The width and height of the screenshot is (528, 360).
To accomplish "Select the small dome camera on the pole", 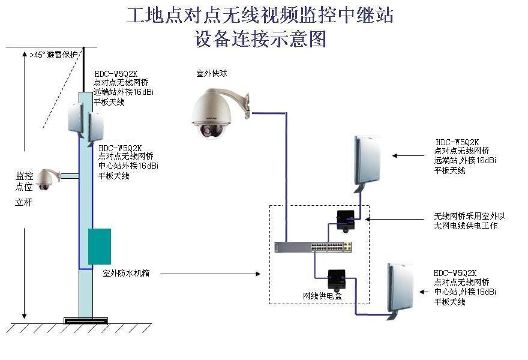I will coord(46,178).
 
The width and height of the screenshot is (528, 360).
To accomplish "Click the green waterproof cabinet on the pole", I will coord(99,246).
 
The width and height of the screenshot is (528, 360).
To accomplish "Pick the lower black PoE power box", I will coord(336,278).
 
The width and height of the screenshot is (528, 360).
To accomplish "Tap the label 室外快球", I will coord(211,73).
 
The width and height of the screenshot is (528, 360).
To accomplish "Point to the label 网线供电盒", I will coord(322,296).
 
